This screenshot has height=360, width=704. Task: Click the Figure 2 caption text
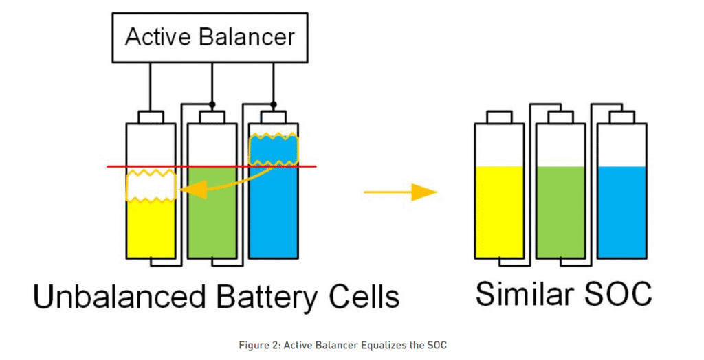coord(351,344)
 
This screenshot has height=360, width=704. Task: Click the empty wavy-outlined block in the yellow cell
coord(151,186)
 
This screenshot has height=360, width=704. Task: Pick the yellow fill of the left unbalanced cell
coord(151,230)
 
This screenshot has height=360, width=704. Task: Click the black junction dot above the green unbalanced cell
coord(213,104)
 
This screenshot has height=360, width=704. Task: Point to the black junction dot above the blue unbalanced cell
coord(274,104)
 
